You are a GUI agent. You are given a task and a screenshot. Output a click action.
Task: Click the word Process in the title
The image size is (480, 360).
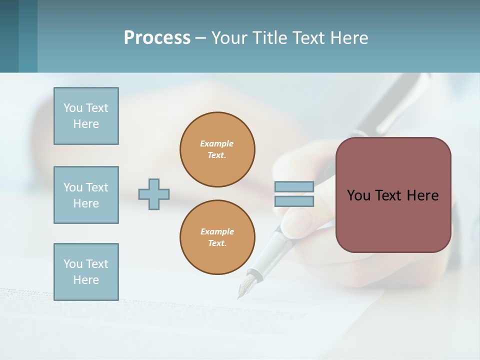(157, 38)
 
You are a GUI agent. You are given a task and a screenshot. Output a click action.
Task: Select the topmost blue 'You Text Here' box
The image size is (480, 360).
(86, 116)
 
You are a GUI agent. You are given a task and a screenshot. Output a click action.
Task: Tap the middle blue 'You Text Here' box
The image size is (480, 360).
(86, 195)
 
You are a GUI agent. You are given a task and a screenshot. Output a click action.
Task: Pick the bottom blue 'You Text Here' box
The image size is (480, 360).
(86, 272)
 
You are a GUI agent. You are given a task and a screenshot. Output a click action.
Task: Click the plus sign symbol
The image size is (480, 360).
(154, 194)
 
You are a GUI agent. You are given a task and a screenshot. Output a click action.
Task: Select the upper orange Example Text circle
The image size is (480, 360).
(217, 149)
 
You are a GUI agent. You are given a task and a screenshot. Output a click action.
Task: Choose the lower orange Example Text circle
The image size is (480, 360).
(217, 237)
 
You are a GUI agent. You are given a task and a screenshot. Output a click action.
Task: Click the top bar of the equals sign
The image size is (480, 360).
(294, 187)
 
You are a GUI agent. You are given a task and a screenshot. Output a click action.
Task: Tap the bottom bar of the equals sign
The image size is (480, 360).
(294, 201)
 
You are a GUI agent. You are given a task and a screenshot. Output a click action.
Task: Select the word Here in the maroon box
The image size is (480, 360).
(422, 195)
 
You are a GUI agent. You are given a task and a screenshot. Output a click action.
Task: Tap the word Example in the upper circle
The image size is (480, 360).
(216, 143)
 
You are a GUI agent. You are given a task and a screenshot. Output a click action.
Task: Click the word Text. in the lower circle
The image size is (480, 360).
(217, 243)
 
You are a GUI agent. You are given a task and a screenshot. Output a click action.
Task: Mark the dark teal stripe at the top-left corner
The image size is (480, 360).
(9, 36)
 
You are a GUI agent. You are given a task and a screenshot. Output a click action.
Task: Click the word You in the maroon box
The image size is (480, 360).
(358, 195)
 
